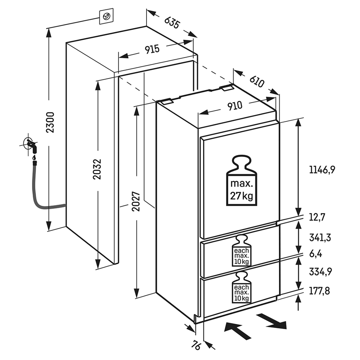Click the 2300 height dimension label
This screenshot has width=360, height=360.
50,122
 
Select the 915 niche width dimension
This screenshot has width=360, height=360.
152,49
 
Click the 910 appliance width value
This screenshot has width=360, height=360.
235,106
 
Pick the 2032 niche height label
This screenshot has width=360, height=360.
98,169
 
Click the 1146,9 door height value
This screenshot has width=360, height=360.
322,170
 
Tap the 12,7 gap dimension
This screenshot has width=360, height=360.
317,217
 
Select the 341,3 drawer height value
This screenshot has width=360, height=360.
320,237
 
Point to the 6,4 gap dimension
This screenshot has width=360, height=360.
316,254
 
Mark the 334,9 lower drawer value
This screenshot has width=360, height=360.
320,272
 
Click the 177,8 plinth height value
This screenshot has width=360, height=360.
319,291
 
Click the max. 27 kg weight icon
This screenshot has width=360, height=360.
241,181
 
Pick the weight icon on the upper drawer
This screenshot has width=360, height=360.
242,251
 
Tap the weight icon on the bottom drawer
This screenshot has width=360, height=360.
242,288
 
